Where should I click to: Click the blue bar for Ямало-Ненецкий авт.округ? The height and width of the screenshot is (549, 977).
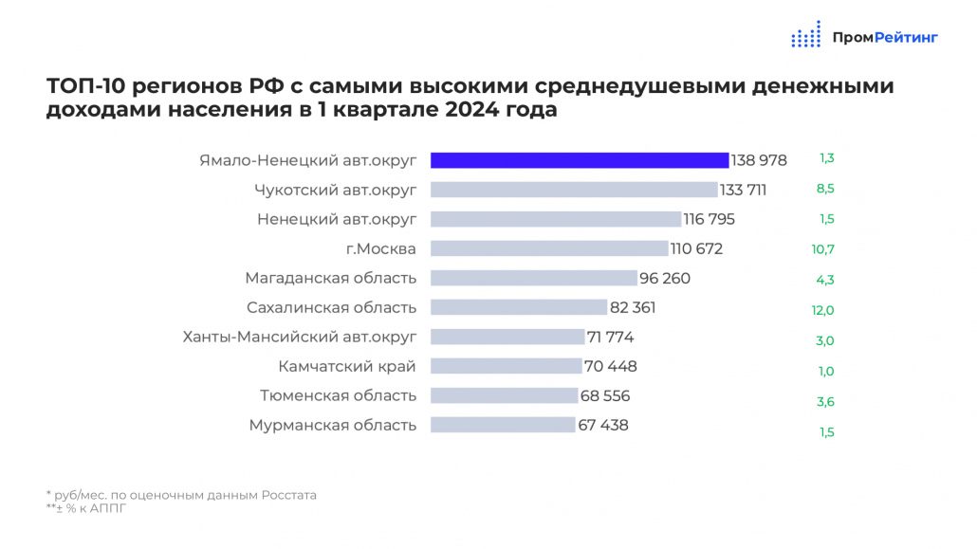pos(580,159)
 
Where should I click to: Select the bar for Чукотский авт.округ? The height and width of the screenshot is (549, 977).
pos(574,190)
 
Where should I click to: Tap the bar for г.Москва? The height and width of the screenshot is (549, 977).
pos(549,248)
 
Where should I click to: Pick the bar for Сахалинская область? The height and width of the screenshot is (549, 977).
pos(519,307)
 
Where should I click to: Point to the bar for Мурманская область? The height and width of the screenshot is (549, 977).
pos(503,425)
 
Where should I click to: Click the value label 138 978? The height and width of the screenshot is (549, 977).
pos(759,160)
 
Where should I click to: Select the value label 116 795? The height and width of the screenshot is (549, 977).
pos(710,219)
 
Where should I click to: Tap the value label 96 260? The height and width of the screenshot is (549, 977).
pos(665,278)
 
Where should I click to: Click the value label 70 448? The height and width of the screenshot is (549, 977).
pos(611,366)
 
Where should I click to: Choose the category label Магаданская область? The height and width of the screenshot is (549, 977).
pos(330,278)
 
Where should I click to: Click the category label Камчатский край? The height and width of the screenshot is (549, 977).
pos(347,366)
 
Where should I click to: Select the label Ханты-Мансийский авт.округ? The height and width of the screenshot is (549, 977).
pos(299,337)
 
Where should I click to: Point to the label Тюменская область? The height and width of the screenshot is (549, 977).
pos(338,395)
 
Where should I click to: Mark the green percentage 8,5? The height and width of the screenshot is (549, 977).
pos(825,189)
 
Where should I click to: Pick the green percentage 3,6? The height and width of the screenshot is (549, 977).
pos(825,402)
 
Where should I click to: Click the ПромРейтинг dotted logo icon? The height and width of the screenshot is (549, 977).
pos(805,35)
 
